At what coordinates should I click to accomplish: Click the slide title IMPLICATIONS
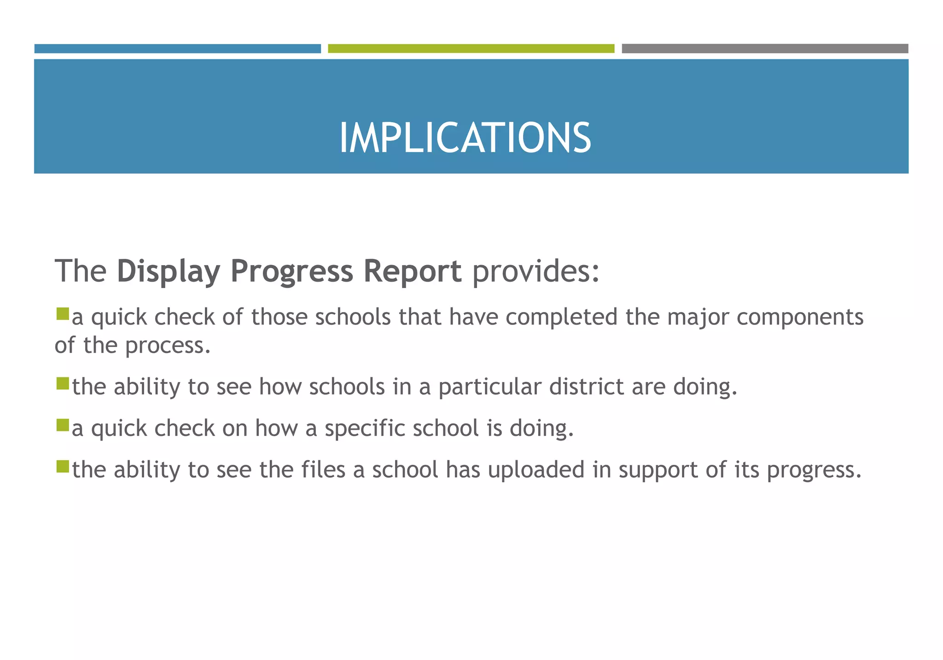coord(465,138)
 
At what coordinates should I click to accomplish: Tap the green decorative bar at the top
coord(471,49)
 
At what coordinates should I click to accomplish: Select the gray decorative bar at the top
coord(765,49)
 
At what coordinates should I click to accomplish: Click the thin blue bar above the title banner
coord(177,49)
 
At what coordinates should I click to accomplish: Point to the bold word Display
coord(169,272)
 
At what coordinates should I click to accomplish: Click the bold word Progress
coord(291,272)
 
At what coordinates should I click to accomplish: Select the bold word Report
coord(412,272)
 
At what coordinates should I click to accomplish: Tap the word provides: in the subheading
coord(536,272)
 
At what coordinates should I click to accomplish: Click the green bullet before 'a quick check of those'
coord(62,314)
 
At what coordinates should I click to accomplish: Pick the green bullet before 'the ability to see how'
coord(62,383)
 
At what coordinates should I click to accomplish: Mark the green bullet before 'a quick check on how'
coord(62,425)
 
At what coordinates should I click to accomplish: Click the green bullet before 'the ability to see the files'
coord(62,467)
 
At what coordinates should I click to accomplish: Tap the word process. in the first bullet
coord(168,346)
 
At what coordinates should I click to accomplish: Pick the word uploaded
coord(536,470)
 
